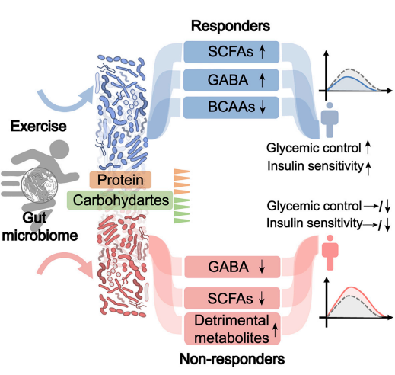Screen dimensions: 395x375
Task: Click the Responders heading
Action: coord(231,26)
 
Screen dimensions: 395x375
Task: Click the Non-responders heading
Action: coord(232,359)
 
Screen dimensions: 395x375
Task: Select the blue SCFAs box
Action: coord(231,52)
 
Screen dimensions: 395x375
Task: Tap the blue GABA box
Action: coord(231,80)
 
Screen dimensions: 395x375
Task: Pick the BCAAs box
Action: coord(231,107)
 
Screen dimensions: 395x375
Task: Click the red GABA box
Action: coord(232,267)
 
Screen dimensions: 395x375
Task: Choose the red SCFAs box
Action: coord(232,298)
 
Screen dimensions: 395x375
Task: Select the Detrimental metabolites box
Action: coord(232,329)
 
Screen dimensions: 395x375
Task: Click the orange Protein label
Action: coord(120,180)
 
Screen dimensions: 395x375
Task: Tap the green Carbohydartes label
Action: coord(120,200)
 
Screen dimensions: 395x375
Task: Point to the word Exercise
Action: coord(39,126)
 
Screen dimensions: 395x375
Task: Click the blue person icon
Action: coord(330,120)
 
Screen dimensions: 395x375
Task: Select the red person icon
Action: coord(330,252)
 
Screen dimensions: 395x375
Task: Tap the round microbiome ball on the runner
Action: coord(39,185)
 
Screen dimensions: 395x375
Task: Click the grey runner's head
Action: coord(60,149)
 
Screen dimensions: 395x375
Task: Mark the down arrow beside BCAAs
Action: coord(263,107)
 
